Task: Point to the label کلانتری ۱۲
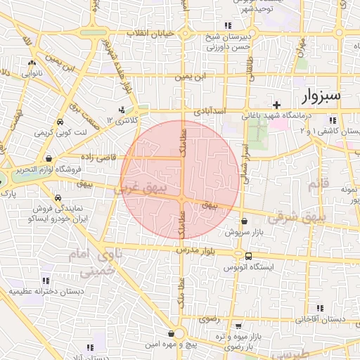(120, 120)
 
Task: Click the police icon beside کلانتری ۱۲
(123, 109)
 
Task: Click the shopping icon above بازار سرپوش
(243, 221)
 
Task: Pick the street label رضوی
(210, 318)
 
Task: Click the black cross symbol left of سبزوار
(277, 104)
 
